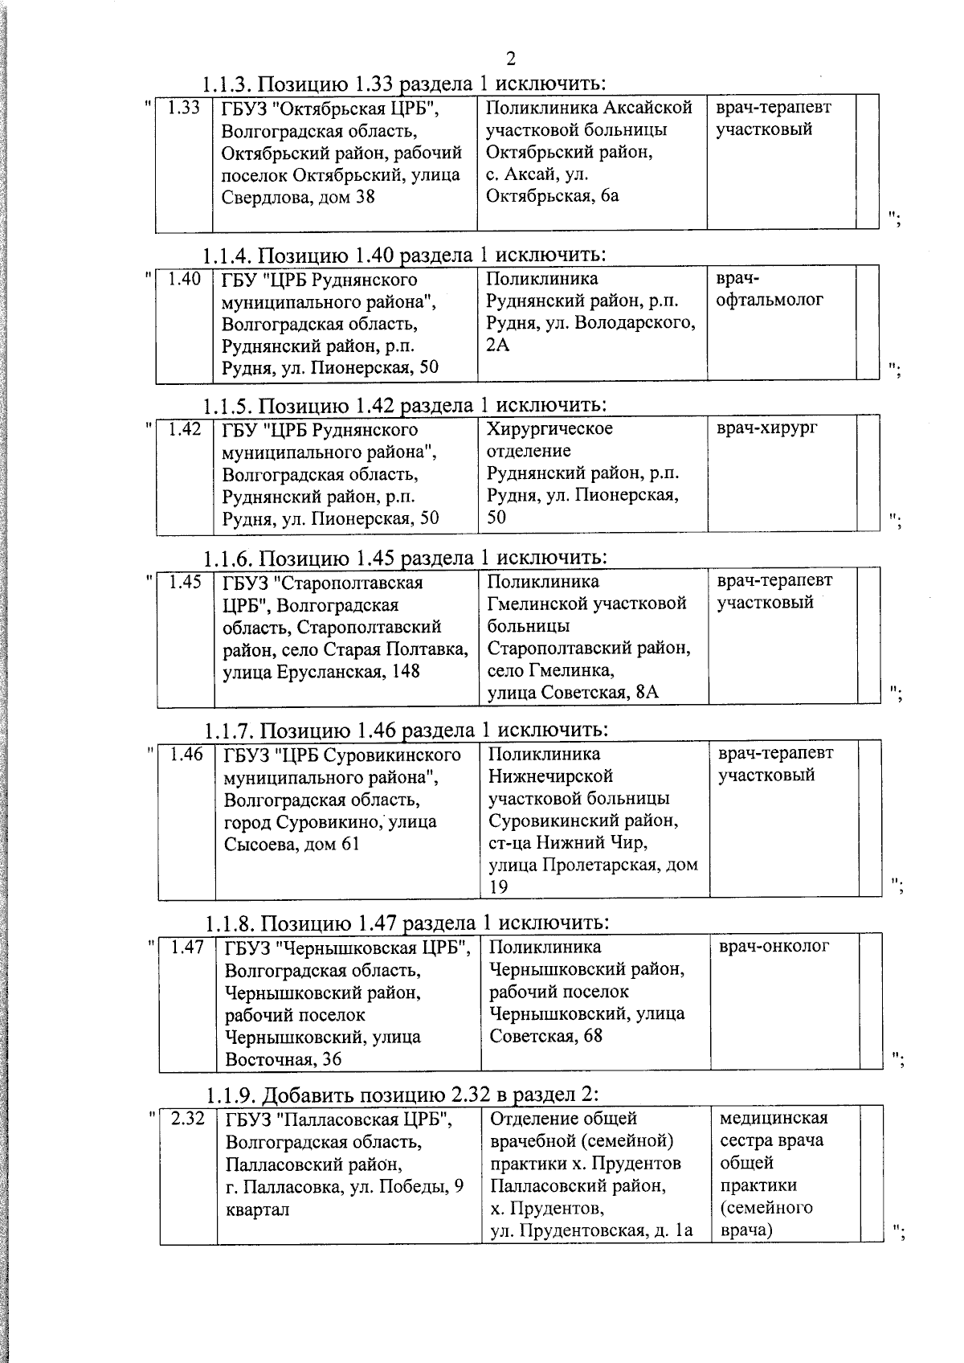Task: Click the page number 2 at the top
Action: tap(511, 58)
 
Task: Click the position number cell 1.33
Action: tap(184, 107)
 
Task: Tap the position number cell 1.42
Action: tap(185, 429)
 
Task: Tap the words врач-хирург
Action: tap(767, 428)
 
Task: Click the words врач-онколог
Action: tap(774, 947)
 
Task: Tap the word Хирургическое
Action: tap(549, 428)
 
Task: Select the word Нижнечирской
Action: tap(550, 776)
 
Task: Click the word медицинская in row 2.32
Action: tap(774, 1118)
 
